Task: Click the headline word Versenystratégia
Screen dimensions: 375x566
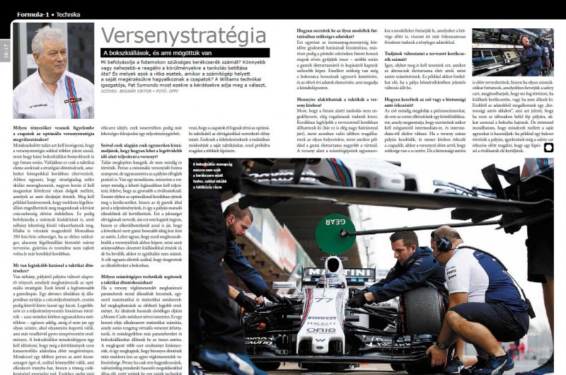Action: pyautogui.click(x=184, y=37)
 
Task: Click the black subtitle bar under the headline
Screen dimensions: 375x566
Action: pyautogui.click(x=185, y=53)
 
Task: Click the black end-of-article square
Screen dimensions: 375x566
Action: pyautogui.click(x=548, y=148)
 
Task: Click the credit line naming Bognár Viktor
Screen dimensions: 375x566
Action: pyautogui.click(x=141, y=91)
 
